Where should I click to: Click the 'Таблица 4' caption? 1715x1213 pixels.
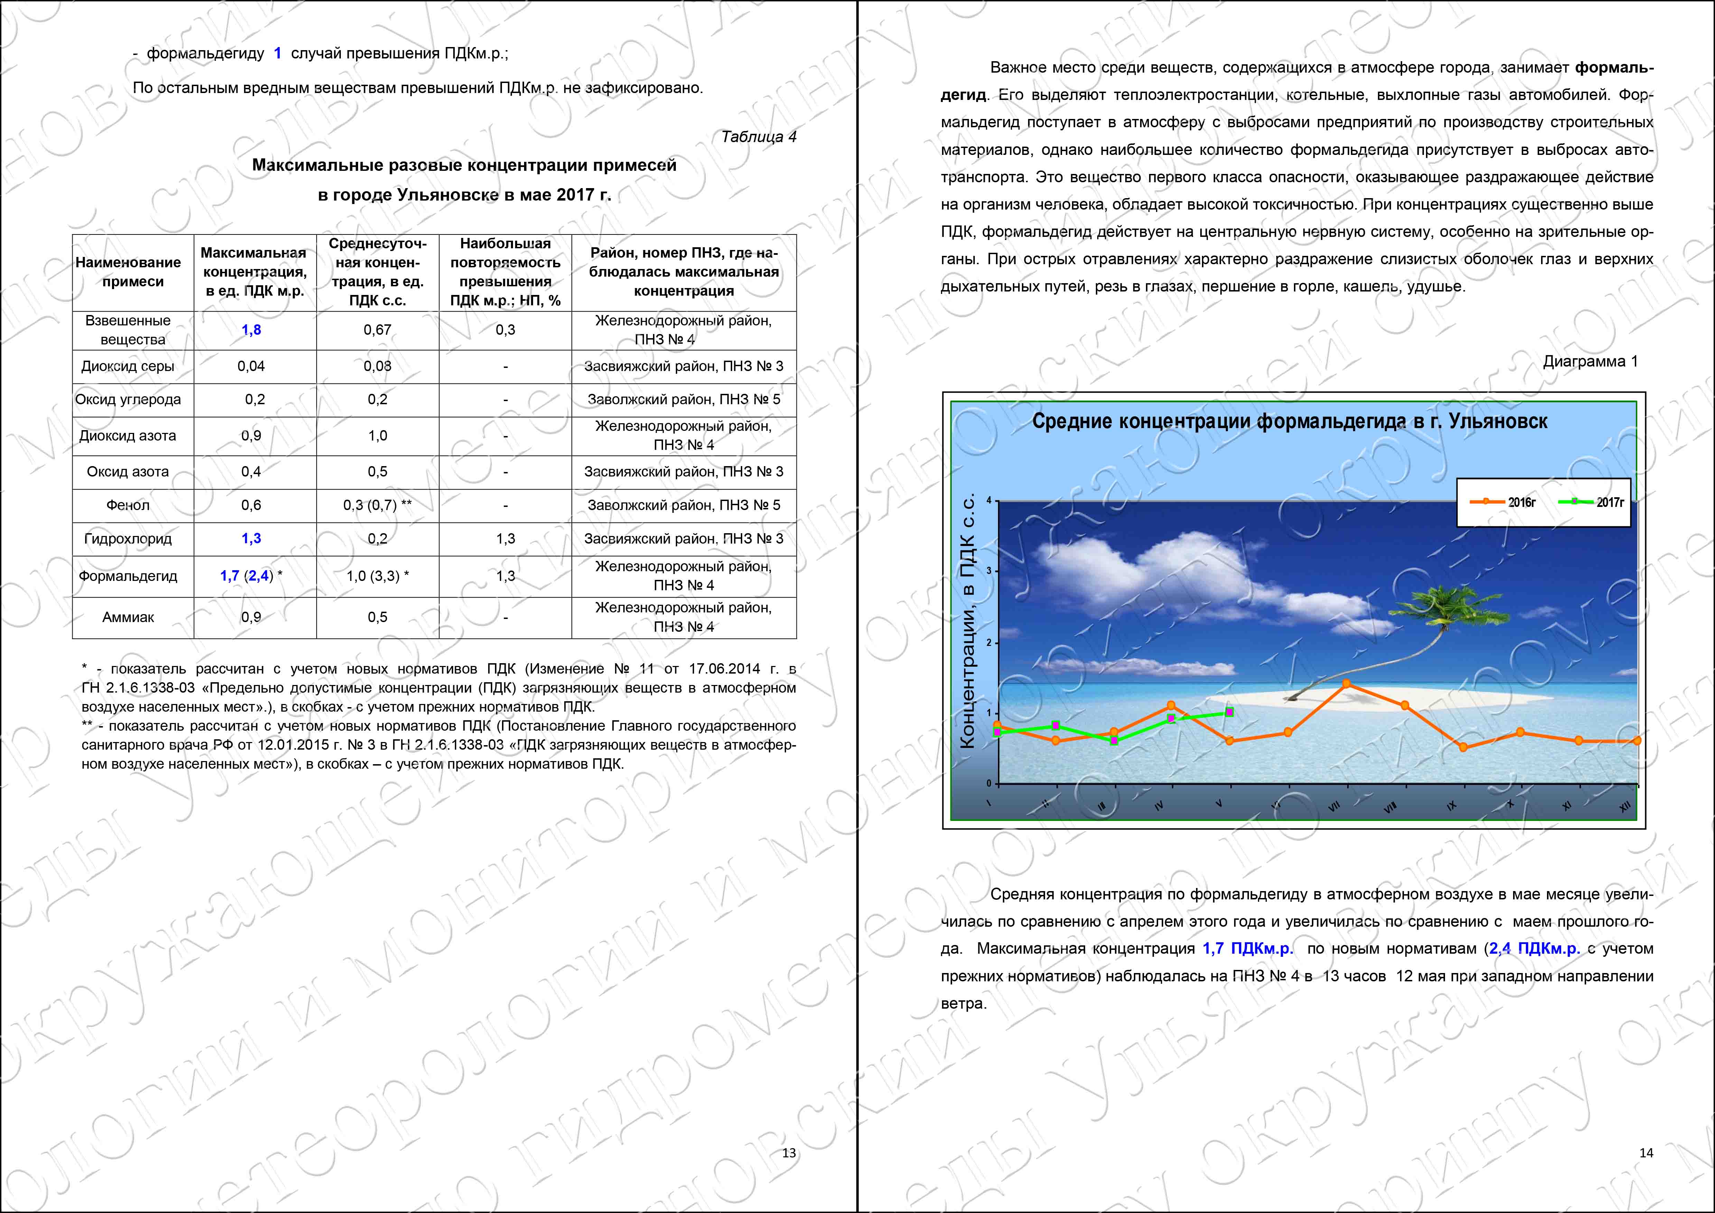coord(758,137)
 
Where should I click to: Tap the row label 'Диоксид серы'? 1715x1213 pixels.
coord(128,366)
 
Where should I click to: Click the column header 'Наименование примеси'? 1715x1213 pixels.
coord(128,272)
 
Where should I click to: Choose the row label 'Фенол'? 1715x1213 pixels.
coord(128,505)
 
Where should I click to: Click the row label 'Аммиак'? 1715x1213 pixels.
coord(128,617)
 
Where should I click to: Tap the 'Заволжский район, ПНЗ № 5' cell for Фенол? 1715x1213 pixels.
coord(683,505)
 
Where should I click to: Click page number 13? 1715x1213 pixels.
coord(789,1152)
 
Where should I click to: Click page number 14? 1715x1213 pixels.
coord(1646,1152)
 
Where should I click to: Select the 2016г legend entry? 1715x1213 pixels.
coord(1503,502)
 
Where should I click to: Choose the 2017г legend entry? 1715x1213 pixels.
coord(1591,502)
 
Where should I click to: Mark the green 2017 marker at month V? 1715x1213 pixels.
coord(1230,713)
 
